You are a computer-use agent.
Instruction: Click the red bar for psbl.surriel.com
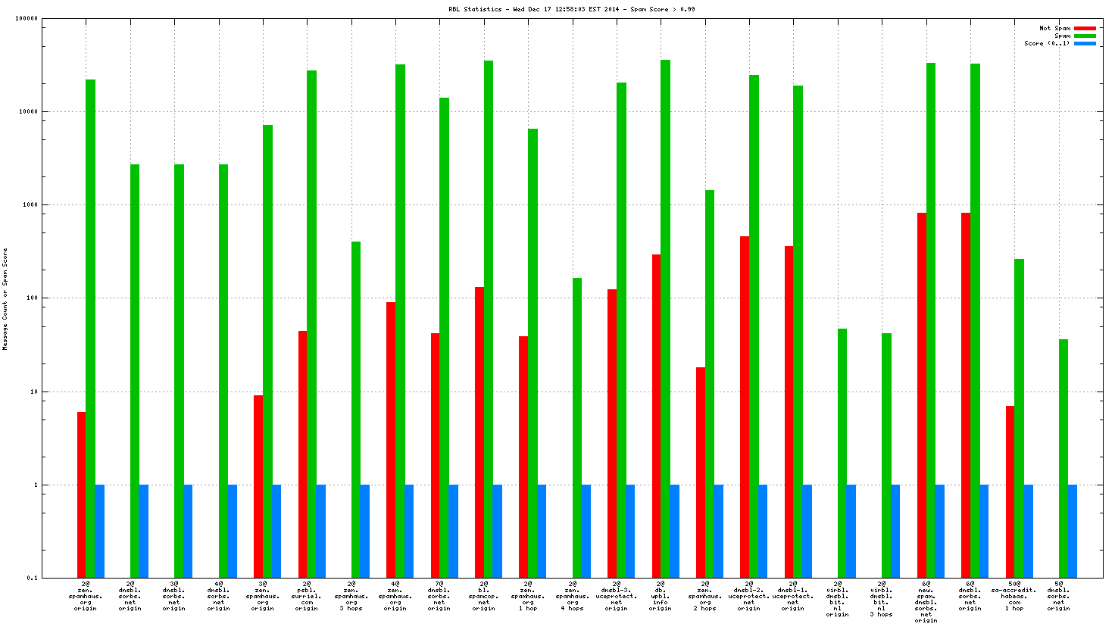click(303, 454)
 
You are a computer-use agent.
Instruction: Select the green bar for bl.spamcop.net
click(489, 318)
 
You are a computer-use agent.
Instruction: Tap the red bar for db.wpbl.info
click(657, 416)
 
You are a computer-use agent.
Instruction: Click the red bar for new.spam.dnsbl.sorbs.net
click(922, 395)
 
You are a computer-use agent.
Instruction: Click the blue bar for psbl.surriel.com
click(321, 531)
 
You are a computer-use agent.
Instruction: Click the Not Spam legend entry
click(1055, 28)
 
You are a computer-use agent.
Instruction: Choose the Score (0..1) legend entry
click(1048, 43)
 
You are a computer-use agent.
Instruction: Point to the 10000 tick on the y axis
click(28, 111)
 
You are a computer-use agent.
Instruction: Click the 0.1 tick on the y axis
click(33, 578)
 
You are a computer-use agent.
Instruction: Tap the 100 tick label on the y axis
click(31, 298)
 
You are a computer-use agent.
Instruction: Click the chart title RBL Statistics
click(571, 9)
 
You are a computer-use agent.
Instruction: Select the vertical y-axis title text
click(5, 298)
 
